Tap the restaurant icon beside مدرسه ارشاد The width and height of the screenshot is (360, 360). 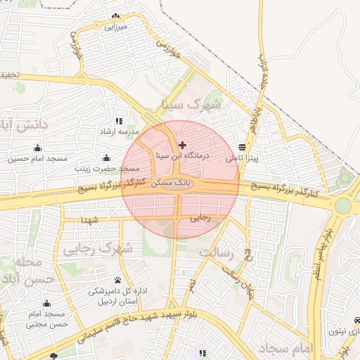coord(118,121)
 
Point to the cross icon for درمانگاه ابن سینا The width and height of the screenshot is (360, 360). coord(183,145)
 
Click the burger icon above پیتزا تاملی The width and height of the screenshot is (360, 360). coord(243,148)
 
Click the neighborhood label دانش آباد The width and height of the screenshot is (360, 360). coord(23,126)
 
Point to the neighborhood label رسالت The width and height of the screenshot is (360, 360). coord(216,251)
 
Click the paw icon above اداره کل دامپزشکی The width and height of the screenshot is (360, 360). coord(117,280)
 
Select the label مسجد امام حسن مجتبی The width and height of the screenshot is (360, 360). coord(46,319)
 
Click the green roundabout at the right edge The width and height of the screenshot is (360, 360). coord(342,206)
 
